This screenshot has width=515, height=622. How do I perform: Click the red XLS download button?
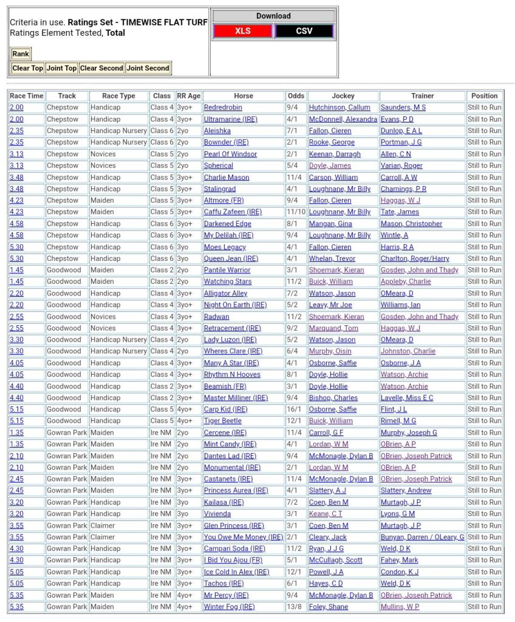coord(242,31)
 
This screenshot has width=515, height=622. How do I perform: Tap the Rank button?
coord(20,54)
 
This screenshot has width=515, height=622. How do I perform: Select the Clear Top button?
coord(28,68)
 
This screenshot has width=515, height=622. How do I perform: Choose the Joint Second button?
coord(148,68)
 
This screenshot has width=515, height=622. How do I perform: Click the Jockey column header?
coord(343,95)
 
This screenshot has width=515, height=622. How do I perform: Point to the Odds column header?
coord(296,95)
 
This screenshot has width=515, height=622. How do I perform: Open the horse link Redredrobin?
coord(223,108)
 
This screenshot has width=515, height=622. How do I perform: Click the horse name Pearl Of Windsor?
coord(230,154)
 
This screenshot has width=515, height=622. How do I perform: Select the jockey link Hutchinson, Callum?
coord(339,108)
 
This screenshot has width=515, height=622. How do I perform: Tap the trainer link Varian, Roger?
coord(401,165)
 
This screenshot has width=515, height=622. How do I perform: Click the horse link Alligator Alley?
coord(226,293)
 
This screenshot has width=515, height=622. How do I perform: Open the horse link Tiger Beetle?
coord(223,421)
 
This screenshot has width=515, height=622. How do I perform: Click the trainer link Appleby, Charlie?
coord(406,282)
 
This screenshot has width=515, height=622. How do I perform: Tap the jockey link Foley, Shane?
coord(329,607)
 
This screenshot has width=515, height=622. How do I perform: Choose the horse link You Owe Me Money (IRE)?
coord(244,537)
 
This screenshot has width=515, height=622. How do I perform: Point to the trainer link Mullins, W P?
coord(400,607)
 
